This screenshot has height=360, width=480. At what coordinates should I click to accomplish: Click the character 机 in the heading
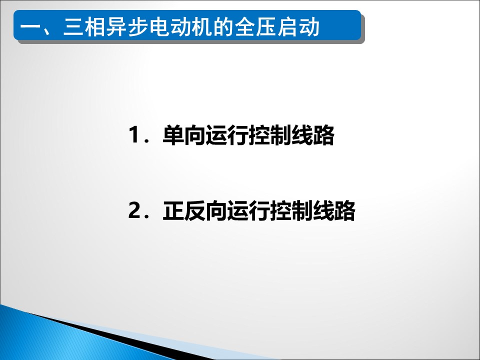coord(200,26)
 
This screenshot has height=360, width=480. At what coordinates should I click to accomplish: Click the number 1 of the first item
coord(134,134)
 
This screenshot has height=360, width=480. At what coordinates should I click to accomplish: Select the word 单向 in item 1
coord(183,135)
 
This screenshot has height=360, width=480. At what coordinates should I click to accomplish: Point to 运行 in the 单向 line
coord(226,135)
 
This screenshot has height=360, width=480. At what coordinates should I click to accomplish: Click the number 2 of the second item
coord(134,210)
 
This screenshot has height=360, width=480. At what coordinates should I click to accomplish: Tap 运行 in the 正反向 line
coord(248,211)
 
